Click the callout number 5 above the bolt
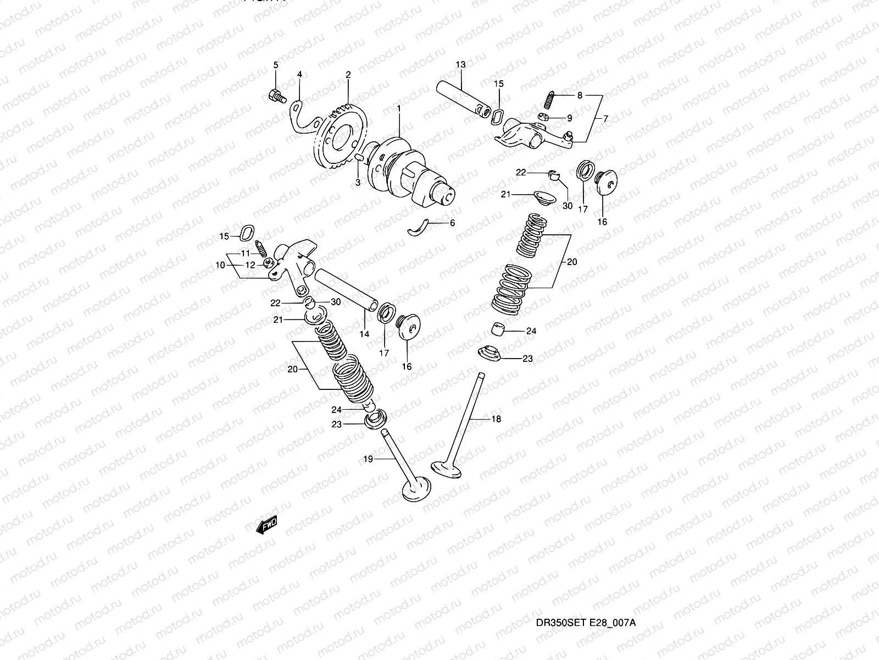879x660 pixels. [x=276, y=65]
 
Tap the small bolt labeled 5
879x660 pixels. [x=276, y=96]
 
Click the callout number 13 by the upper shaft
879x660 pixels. [x=460, y=65]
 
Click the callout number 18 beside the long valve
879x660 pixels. [x=496, y=419]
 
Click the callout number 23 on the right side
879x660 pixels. [x=527, y=359]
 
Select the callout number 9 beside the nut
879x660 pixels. [x=569, y=118]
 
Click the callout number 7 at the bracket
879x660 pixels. [x=605, y=118]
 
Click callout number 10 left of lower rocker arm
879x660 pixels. [x=220, y=265]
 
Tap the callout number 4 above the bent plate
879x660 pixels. [x=299, y=74]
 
